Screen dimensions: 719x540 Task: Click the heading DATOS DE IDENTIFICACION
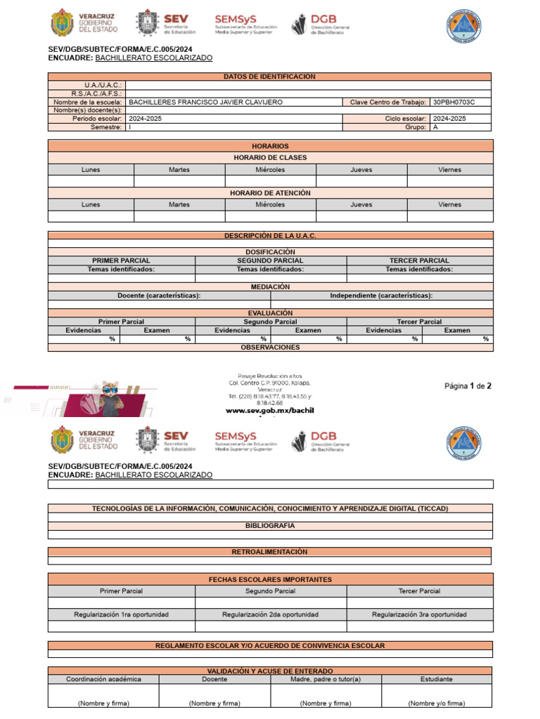(269, 77)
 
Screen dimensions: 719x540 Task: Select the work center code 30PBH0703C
(454, 102)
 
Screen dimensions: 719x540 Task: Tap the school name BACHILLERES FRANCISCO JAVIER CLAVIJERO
(205, 102)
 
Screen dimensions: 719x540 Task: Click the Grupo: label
(416, 127)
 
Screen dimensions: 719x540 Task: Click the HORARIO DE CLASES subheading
(270, 158)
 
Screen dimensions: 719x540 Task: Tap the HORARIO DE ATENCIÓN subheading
(270, 193)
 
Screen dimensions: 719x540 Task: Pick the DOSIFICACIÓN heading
(270, 252)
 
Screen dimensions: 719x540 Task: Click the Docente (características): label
(159, 296)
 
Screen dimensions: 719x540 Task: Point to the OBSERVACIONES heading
(270, 348)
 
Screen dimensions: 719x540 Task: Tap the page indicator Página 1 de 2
(468, 385)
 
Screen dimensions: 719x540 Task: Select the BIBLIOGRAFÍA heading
(270, 525)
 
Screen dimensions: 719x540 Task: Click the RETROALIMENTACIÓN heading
(269, 552)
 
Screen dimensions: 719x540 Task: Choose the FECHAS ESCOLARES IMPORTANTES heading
(270, 579)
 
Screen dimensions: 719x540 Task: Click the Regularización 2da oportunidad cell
(270, 614)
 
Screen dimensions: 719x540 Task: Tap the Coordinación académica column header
(103, 679)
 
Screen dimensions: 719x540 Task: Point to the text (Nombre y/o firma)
(437, 703)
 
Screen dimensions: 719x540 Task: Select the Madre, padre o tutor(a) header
(326, 679)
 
